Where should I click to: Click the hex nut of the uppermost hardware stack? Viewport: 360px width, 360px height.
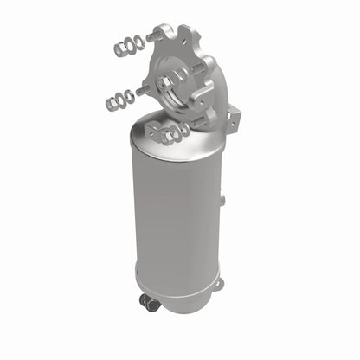click(x=118, y=49)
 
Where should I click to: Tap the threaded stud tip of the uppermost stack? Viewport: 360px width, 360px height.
click(x=153, y=37)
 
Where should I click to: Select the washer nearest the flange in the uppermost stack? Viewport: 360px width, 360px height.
click(x=141, y=41)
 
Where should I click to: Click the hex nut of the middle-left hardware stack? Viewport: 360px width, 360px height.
click(x=112, y=104)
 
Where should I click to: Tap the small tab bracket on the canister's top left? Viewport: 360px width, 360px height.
click(x=153, y=131)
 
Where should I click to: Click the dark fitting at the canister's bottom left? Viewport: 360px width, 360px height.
click(x=150, y=303)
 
